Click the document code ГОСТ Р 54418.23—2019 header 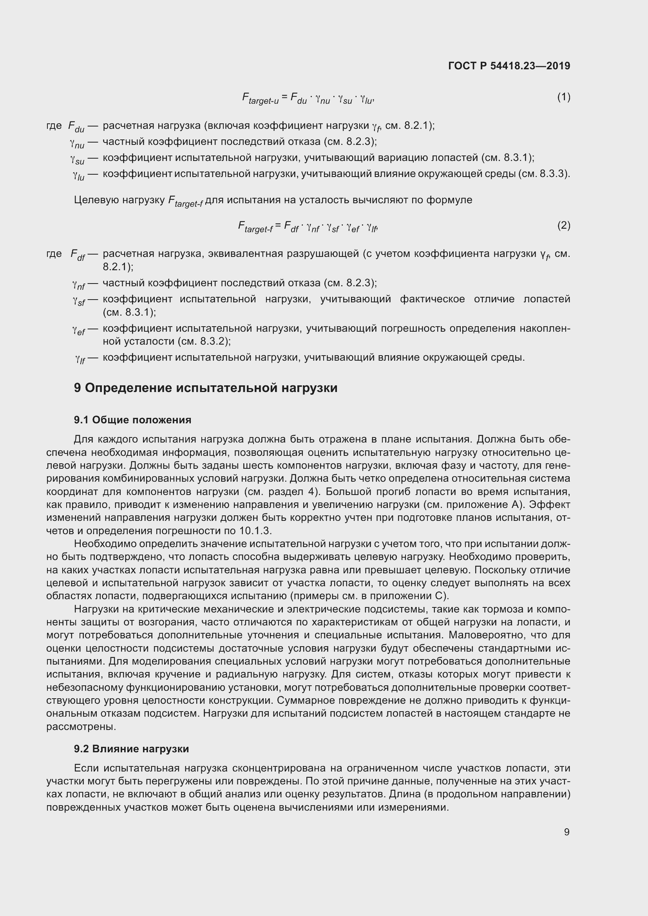509,66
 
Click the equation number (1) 563,97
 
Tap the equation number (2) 563,226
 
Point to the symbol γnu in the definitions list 77,143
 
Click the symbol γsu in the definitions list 77,159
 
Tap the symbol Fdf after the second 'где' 78,255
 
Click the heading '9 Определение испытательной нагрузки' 206,388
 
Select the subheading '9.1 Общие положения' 132,420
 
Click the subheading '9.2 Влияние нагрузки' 131,749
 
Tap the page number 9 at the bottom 567,832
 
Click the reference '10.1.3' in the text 255,531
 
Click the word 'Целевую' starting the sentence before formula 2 96,200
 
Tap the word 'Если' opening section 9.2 85,768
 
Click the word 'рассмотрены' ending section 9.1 81,726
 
